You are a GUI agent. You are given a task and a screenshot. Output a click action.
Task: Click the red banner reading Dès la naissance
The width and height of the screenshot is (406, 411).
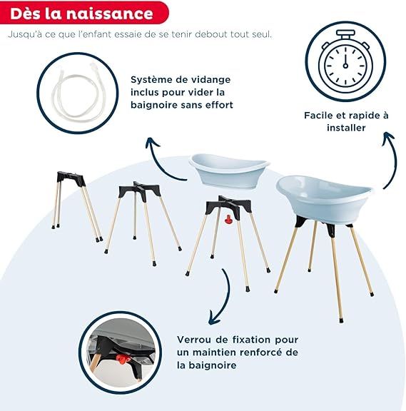pos(84,13)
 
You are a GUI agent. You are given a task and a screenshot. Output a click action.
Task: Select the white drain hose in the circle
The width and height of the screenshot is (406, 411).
pos(76,92)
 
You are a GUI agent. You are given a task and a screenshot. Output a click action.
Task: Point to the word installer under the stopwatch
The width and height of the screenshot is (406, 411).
pos(346,128)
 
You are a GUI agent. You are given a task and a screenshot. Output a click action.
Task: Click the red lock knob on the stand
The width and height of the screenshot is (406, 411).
pos(229,219)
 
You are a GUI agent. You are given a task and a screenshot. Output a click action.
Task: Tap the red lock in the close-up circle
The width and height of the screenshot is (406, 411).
pos(121,358)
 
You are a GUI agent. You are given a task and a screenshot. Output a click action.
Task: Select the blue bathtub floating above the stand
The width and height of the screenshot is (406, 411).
pos(229,171)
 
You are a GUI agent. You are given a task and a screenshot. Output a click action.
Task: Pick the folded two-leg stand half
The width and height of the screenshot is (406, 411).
pos(76,206)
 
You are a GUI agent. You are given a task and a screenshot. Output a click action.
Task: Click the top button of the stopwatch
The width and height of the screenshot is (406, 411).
pos(345,34)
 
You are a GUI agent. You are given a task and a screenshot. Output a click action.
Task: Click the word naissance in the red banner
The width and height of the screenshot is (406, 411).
pos(110,14)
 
